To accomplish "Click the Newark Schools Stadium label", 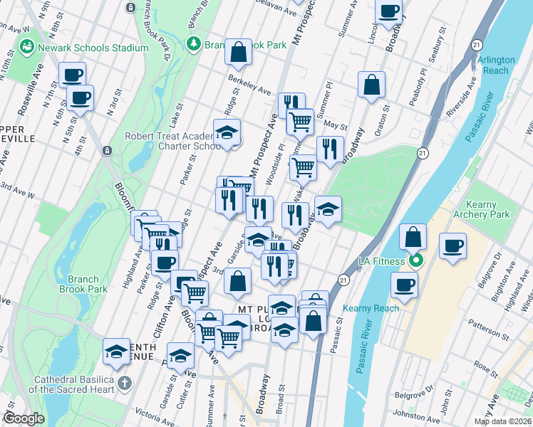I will coord(94,48).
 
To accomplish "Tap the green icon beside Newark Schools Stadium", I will coord(28,47).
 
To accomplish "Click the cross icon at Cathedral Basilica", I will coord(125,384).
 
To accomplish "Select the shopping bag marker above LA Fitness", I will coord(413,236).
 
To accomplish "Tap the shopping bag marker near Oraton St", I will coord(372,85).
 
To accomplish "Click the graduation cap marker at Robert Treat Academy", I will coord(227,132).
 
